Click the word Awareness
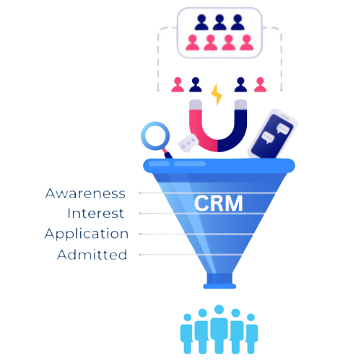85,193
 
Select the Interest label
95,214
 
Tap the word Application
87,234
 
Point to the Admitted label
92,255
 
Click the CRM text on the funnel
218,203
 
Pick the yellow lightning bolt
217,95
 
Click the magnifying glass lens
155,136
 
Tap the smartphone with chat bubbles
273,134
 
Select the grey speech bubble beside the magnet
188,143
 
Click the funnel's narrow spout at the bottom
219,281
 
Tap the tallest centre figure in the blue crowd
219,330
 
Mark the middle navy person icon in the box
219,22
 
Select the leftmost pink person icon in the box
193,43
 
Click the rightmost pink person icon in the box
247,43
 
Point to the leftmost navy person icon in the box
201,22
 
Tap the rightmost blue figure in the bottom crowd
251,334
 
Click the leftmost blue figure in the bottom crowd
187,334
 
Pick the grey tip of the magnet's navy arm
240,105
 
